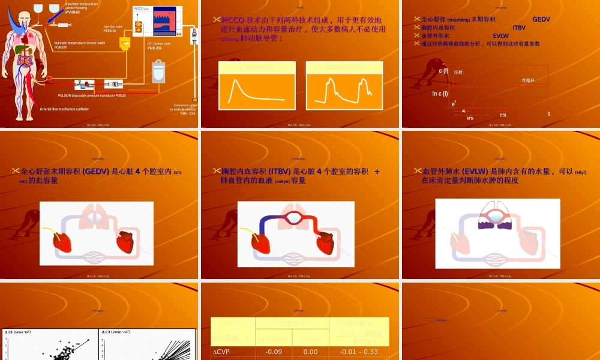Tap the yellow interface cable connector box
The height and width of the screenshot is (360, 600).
pos(125,43)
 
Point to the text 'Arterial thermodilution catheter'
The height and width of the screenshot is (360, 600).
pos(64,109)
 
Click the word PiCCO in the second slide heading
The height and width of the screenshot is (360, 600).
pos(233,20)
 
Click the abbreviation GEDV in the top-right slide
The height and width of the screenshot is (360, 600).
pos(541,19)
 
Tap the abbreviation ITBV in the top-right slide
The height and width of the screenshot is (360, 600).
pos(519,28)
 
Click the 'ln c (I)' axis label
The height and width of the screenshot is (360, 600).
pos(440,94)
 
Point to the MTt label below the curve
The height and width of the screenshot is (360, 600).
pos(470,119)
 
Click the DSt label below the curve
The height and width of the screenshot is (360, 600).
pos(503,115)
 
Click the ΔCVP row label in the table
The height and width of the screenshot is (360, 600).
pos(223,352)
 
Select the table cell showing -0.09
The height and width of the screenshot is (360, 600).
pos(274,352)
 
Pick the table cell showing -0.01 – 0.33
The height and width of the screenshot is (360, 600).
pos(359,352)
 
